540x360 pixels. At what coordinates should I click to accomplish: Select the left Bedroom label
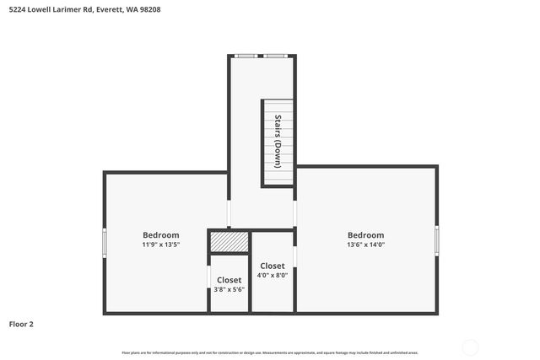coord(160,234)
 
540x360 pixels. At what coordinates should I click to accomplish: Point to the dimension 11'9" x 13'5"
coord(160,244)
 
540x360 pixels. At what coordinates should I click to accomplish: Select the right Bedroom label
coord(365,234)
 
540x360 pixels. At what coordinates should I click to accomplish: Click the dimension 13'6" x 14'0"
coord(365,244)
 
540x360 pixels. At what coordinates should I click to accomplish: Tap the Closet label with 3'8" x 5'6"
coord(229,280)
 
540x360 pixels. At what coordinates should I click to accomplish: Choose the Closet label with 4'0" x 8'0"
coord(272,266)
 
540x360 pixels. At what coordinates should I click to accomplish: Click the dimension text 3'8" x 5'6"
coord(229,289)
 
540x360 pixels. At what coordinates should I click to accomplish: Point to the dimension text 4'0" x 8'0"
coord(272,276)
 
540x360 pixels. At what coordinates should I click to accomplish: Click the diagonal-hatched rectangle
coord(229,241)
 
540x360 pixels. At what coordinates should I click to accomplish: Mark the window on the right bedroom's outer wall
coord(436,240)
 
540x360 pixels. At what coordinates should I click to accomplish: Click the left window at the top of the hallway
coord(246,56)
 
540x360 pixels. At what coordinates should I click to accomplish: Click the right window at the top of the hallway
coord(275,56)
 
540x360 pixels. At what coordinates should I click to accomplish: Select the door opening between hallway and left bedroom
coord(229,212)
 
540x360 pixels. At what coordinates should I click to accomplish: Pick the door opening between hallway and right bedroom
coord(294,212)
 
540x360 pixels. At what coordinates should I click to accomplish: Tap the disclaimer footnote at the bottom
coord(270,352)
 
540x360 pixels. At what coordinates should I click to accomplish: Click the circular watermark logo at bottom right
coord(470,347)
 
